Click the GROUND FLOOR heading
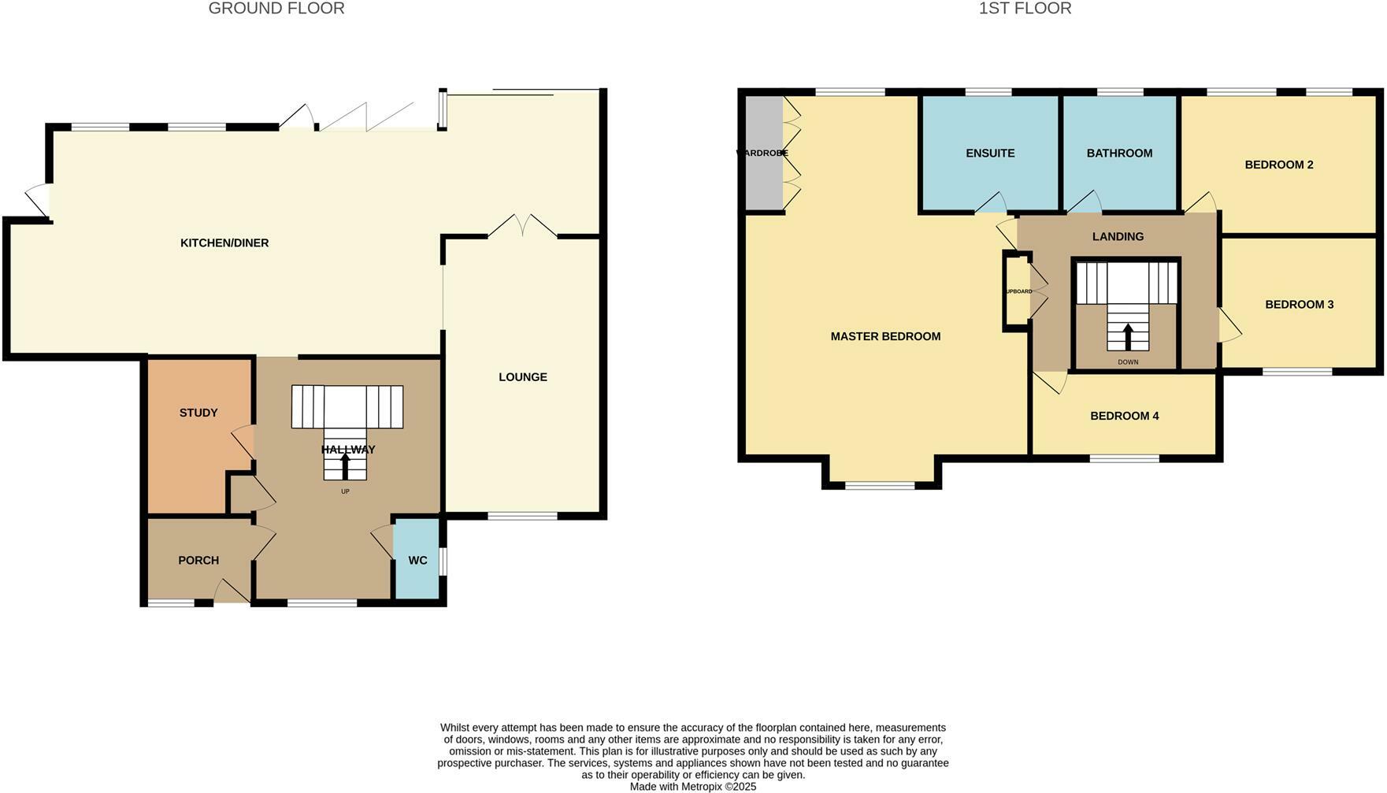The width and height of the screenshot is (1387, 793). (x=276, y=9)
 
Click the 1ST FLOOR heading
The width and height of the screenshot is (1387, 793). (x=1025, y=9)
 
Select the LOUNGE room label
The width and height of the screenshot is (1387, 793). (x=522, y=377)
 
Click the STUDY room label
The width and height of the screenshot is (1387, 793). (x=198, y=413)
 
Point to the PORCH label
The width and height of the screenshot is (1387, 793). (x=198, y=561)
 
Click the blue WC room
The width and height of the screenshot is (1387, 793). (x=417, y=560)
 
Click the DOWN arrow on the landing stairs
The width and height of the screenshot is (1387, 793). (x=1128, y=336)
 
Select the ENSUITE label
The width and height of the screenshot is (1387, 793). (x=990, y=154)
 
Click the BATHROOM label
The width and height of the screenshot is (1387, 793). (x=1119, y=154)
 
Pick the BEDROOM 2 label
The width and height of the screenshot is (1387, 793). (x=1278, y=165)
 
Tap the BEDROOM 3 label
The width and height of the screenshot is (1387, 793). (x=1299, y=305)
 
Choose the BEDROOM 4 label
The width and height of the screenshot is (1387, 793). (x=1124, y=416)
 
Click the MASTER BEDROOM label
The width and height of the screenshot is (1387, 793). (x=885, y=336)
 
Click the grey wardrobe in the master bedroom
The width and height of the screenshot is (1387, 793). (x=763, y=154)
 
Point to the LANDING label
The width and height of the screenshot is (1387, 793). (x=1118, y=236)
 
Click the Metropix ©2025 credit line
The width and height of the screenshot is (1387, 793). (x=693, y=786)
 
